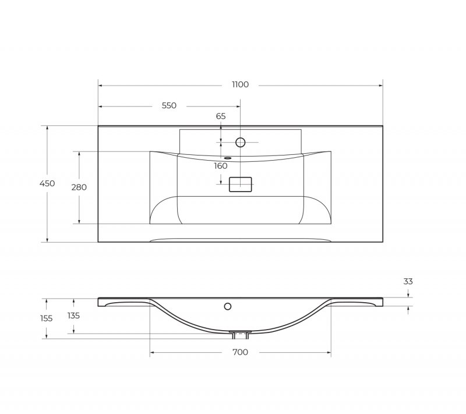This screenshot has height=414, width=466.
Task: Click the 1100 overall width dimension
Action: (x=240, y=84)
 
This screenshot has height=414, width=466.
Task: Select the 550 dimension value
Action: (x=169, y=105)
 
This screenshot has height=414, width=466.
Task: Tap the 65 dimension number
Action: (x=221, y=116)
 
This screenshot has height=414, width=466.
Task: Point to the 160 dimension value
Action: (x=221, y=166)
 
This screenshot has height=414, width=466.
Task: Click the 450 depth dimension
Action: (x=47, y=183)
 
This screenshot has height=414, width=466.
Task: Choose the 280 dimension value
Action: (x=79, y=187)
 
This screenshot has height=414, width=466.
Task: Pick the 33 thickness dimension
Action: (x=408, y=281)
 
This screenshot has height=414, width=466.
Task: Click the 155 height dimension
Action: (x=47, y=319)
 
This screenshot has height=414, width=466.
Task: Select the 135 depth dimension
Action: (x=73, y=316)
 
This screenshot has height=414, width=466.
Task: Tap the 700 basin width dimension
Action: (x=240, y=352)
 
